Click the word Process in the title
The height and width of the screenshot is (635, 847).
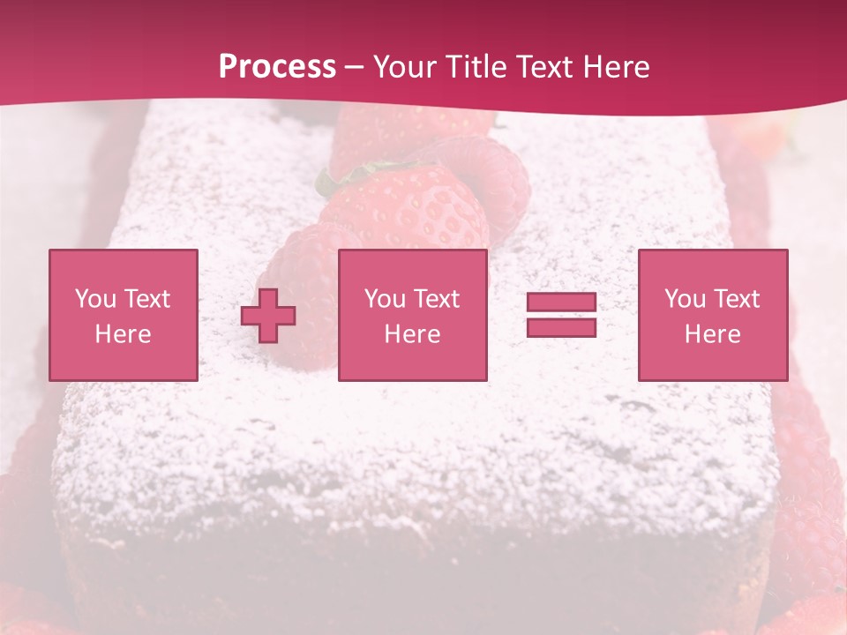277,67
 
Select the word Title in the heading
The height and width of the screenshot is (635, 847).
477,67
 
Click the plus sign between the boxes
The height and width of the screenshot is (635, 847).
268,316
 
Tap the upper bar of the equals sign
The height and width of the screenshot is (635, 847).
561,302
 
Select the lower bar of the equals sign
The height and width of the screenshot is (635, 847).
561,327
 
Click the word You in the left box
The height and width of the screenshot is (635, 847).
95,299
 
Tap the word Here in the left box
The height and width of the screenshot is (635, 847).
123,334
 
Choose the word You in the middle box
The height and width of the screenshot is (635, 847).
385,299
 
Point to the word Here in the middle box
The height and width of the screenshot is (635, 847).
412,334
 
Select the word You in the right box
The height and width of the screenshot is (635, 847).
685,299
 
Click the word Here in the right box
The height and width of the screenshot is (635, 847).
712,334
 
